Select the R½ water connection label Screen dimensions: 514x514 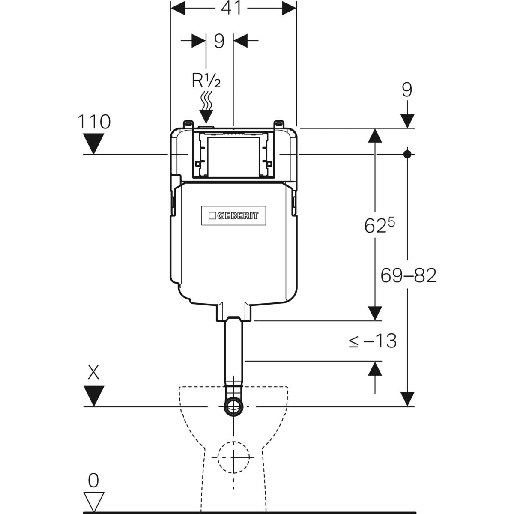[x=206, y=81]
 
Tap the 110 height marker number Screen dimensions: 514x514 [x=94, y=122]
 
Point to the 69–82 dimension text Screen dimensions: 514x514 [x=408, y=275]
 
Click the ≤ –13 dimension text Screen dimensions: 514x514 [x=372, y=341]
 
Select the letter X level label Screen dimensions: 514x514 [x=93, y=373]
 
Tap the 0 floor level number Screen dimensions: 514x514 [x=93, y=481]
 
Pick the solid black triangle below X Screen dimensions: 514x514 [x=94, y=395]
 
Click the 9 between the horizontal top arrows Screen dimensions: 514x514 [x=219, y=42]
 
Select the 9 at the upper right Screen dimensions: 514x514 [x=407, y=90]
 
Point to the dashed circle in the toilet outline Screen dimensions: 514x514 [x=233, y=457]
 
